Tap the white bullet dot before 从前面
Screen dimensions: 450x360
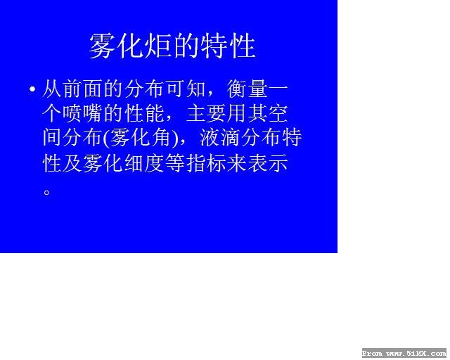32,89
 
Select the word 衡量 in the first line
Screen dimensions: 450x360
247,89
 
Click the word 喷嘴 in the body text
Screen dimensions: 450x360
82,114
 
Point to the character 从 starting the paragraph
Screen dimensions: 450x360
51,89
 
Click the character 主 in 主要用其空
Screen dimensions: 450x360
196,114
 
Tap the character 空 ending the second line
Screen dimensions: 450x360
278,114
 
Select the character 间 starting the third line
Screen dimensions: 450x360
51,138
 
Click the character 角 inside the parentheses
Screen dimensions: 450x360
161,138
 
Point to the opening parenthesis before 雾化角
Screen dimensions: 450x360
106,139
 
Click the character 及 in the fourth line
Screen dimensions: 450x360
72,163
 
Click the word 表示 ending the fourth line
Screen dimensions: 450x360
268,163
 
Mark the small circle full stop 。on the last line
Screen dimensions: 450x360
47,192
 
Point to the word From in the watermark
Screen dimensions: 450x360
372,354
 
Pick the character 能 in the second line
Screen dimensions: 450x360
155,114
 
